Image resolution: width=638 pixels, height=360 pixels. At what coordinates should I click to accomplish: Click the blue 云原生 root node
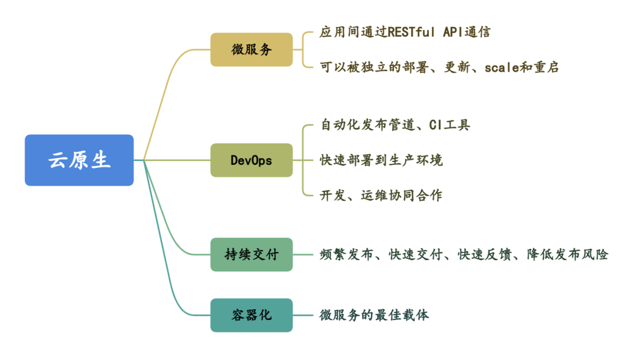tap(79, 160)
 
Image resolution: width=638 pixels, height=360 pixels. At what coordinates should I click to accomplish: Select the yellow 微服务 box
tap(252, 50)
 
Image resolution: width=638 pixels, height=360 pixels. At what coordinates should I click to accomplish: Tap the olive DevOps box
tap(252, 160)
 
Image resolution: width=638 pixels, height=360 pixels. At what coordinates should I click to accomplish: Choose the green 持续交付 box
tap(252, 255)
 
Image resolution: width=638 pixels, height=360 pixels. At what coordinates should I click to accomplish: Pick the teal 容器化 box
tap(252, 315)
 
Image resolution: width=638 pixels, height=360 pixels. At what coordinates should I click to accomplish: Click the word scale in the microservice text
tap(502, 67)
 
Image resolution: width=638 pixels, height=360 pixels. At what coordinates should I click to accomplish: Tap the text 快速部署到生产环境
tap(381, 160)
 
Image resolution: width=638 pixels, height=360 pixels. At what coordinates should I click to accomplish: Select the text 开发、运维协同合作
tap(381, 195)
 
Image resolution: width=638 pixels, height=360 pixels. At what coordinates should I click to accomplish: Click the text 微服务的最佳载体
tap(375, 315)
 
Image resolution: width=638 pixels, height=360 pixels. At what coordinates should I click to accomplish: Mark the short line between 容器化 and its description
tap(302, 315)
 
